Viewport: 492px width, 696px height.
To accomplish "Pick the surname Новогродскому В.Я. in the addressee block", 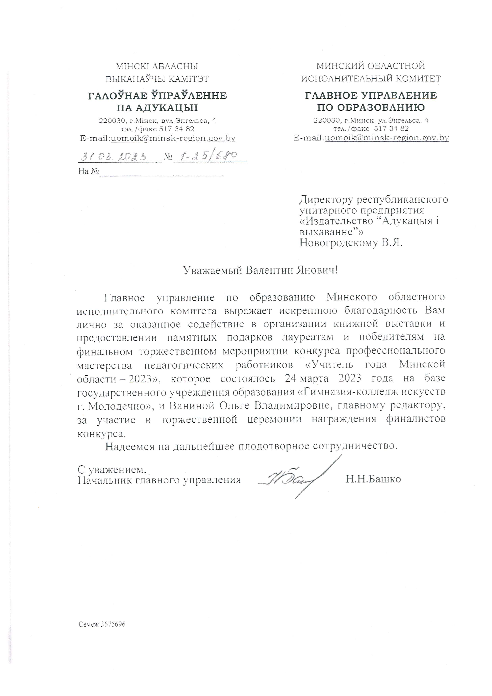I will coord(351,243).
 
